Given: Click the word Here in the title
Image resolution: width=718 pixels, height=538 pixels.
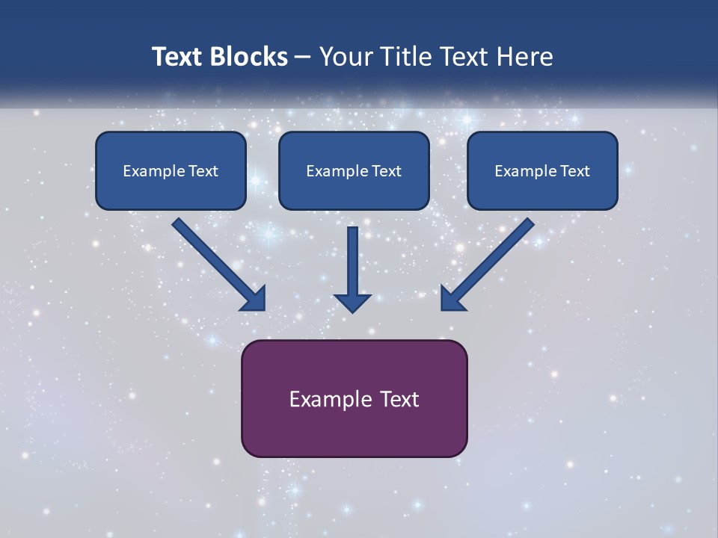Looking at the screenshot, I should pyautogui.click(x=525, y=57).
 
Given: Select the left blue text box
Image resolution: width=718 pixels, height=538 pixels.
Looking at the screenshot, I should pyautogui.click(x=171, y=170).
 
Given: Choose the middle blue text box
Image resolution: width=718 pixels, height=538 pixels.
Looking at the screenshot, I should pyautogui.click(x=354, y=170).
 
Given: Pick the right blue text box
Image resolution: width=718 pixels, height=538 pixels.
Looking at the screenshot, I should pyautogui.click(x=542, y=170).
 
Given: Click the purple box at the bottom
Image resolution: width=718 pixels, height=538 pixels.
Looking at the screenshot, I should pyautogui.click(x=354, y=398).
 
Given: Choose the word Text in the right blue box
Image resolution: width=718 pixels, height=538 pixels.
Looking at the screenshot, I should pyautogui.click(x=575, y=171).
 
